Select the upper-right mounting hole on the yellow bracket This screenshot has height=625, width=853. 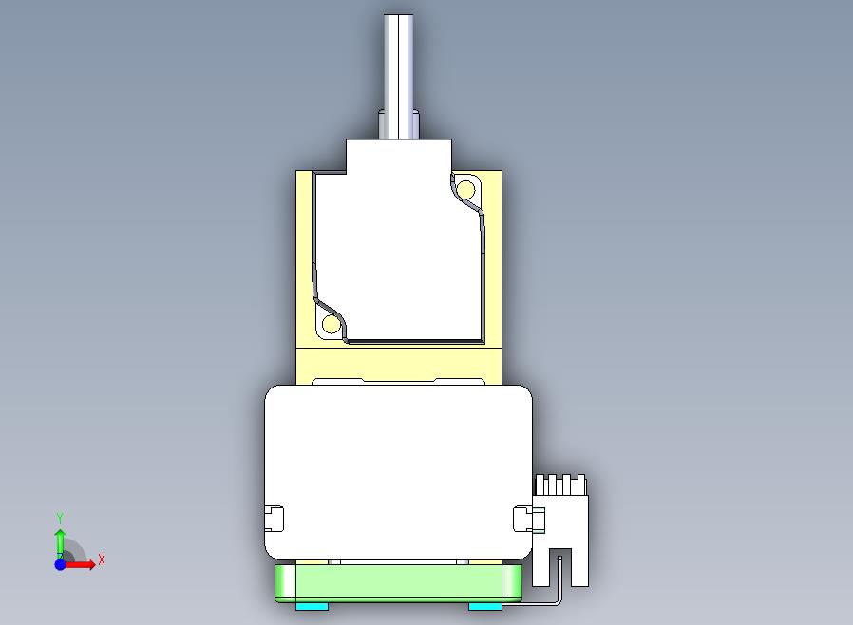465,190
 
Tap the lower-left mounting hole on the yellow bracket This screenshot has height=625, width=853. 331,324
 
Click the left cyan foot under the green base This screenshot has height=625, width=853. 312,606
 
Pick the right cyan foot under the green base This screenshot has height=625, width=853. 485,606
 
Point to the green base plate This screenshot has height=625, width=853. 398,583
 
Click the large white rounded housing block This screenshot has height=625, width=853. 398,472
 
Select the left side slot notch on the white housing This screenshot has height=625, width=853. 275,519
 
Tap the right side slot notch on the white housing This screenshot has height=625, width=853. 522,519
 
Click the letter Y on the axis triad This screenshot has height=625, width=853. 61,518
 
